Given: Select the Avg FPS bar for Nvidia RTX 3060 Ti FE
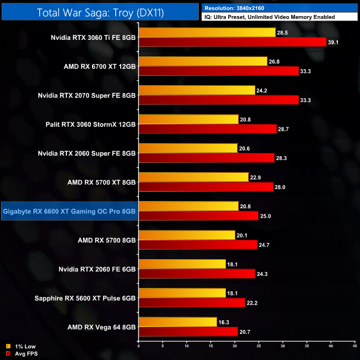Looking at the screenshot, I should point(233,42).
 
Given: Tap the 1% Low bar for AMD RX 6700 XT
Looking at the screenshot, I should point(203,61).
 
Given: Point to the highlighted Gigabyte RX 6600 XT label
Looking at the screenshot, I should point(69,210).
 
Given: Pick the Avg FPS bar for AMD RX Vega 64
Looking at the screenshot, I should point(188,331).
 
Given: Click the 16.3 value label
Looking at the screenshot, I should point(224,321).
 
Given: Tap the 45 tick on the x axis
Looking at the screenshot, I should point(354,347).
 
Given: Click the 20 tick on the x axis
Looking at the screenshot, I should point(235,347).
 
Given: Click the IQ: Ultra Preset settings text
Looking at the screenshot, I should point(269,17).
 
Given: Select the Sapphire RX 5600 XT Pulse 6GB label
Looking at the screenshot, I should point(89,297).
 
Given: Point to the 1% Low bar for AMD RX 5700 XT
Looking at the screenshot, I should point(193,177).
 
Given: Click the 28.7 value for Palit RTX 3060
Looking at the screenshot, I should point(285,128).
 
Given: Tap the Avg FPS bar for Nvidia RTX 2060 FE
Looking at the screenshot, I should point(197,273).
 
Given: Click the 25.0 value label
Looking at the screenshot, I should point(267,215).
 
